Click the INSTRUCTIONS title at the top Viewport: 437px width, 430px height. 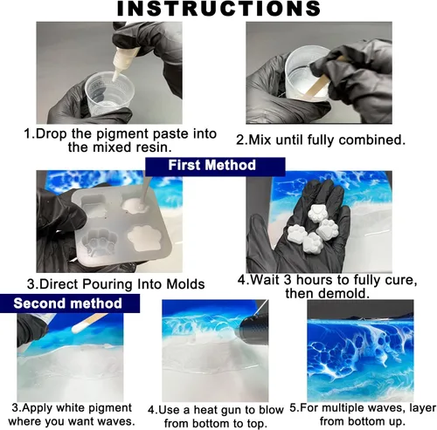[218, 9]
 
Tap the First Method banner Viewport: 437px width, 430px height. [215, 167]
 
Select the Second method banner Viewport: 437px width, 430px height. [69, 304]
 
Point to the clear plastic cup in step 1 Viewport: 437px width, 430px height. [110, 93]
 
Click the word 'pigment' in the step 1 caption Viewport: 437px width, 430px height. [122, 134]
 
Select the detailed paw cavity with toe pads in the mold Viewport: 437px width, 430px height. [100, 242]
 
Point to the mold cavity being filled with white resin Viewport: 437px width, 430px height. [135, 206]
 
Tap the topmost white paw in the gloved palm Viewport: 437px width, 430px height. [318, 213]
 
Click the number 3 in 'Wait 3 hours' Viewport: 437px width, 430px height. [288, 280]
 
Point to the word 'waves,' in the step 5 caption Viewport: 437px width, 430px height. [385, 408]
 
